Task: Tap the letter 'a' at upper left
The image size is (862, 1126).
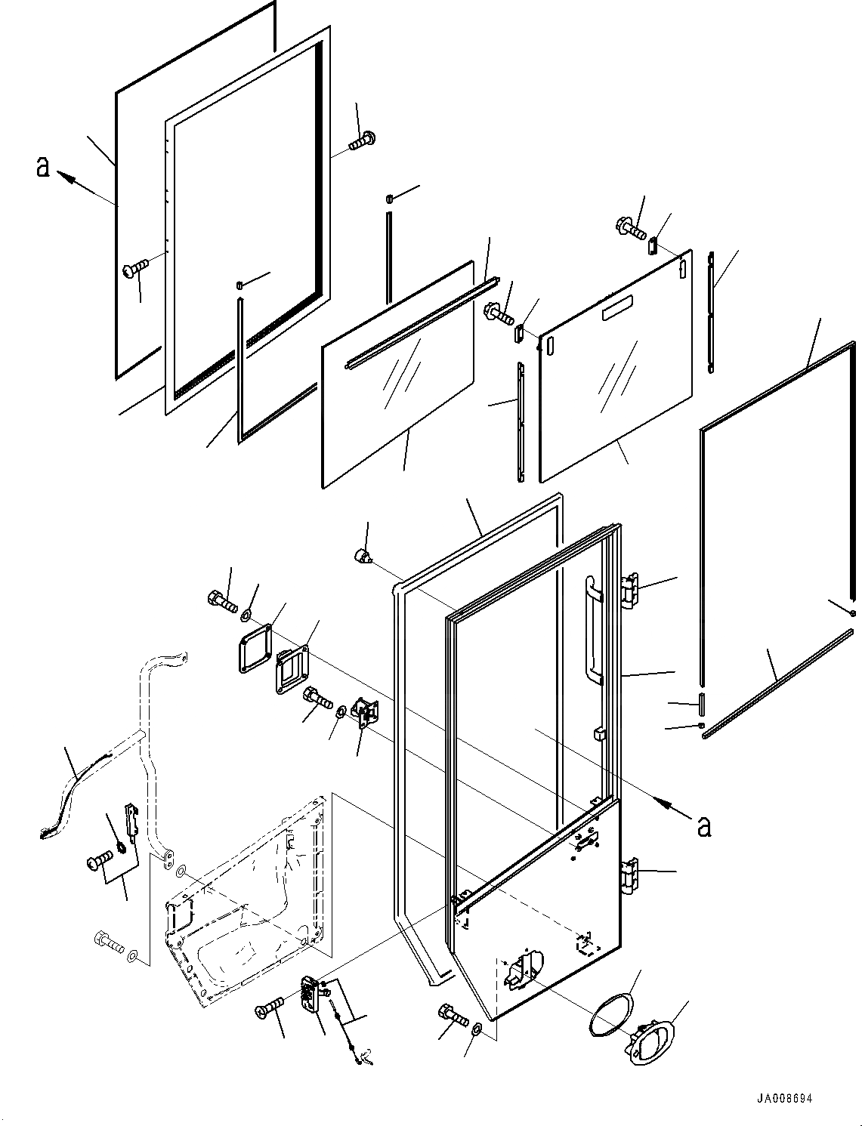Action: click(x=43, y=166)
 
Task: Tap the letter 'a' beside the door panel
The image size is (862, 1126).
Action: click(x=704, y=826)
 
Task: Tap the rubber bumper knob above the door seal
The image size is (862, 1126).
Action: click(x=363, y=558)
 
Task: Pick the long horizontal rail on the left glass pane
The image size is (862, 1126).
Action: click(x=421, y=325)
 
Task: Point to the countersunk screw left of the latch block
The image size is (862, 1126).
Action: click(x=271, y=1005)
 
